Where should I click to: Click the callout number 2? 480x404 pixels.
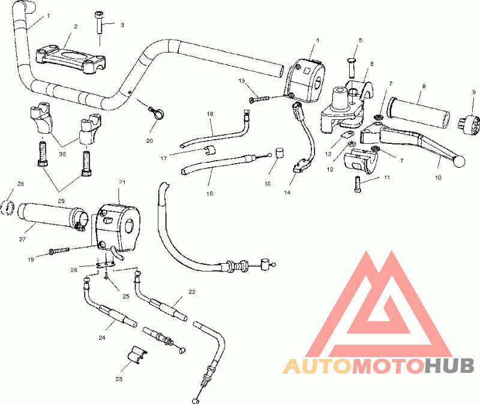point(76,26)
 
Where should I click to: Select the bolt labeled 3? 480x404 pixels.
point(100,22)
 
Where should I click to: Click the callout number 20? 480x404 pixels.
point(149,141)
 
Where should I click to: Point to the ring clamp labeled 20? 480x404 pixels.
point(157,113)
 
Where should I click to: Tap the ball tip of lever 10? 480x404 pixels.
point(460,162)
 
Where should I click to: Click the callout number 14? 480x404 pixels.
point(287,192)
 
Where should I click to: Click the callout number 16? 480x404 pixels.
point(209,194)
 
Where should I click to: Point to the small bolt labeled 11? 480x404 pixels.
point(358,185)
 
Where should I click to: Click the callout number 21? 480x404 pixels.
point(122,182)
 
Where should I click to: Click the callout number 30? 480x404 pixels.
point(62,154)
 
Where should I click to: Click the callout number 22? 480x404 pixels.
point(191,292)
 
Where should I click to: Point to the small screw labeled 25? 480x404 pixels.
point(106,275)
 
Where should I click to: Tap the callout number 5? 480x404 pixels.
point(361,40)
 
